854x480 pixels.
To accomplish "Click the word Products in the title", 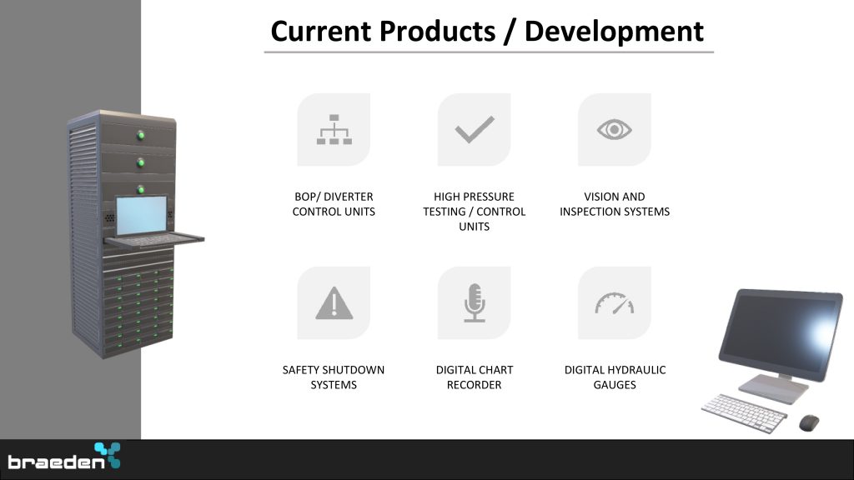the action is [437, 31].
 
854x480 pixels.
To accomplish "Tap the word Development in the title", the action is [614, 32].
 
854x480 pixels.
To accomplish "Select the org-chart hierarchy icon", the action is [334, 129].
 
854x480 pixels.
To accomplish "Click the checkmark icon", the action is [475, 129].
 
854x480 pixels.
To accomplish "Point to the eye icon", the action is [615, 129].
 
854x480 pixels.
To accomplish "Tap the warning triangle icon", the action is [334, 303].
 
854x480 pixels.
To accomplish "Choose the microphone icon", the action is [475, 302].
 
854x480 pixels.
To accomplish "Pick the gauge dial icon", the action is [615, 303].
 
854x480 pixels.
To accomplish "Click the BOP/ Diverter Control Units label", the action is [334, 204].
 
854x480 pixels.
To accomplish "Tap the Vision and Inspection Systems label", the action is [615, 204].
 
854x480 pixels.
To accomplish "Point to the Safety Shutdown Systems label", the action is [334, 377].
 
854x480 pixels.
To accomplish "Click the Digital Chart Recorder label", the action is [475, 377].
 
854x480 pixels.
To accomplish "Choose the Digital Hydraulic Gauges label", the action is [615, 377].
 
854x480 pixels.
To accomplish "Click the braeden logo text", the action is [56, 462].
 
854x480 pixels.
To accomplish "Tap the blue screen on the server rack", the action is [142, 215].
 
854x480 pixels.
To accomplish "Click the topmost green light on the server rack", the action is [140, 135].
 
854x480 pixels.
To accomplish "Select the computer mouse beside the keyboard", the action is [809, 422].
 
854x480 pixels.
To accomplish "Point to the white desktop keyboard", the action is [744, 413].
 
